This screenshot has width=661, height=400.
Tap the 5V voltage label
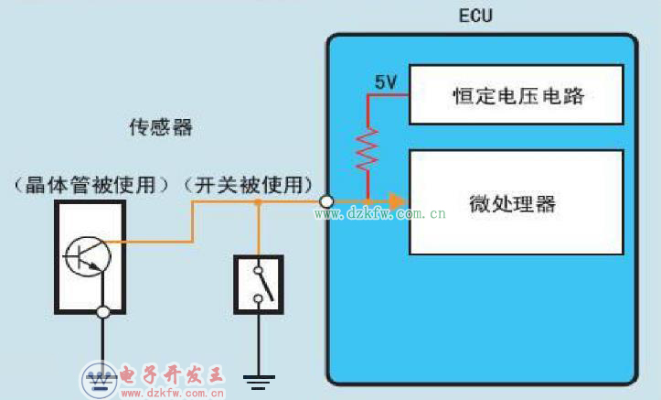(385, 82)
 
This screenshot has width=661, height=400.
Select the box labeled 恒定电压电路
(517, 94)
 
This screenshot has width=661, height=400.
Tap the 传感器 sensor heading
(160, 126)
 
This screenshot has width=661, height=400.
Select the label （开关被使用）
(249, 184)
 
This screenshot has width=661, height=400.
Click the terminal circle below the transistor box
(103, 313)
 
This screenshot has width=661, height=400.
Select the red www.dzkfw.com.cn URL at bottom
(173, 394)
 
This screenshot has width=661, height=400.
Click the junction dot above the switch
(259, 200)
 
